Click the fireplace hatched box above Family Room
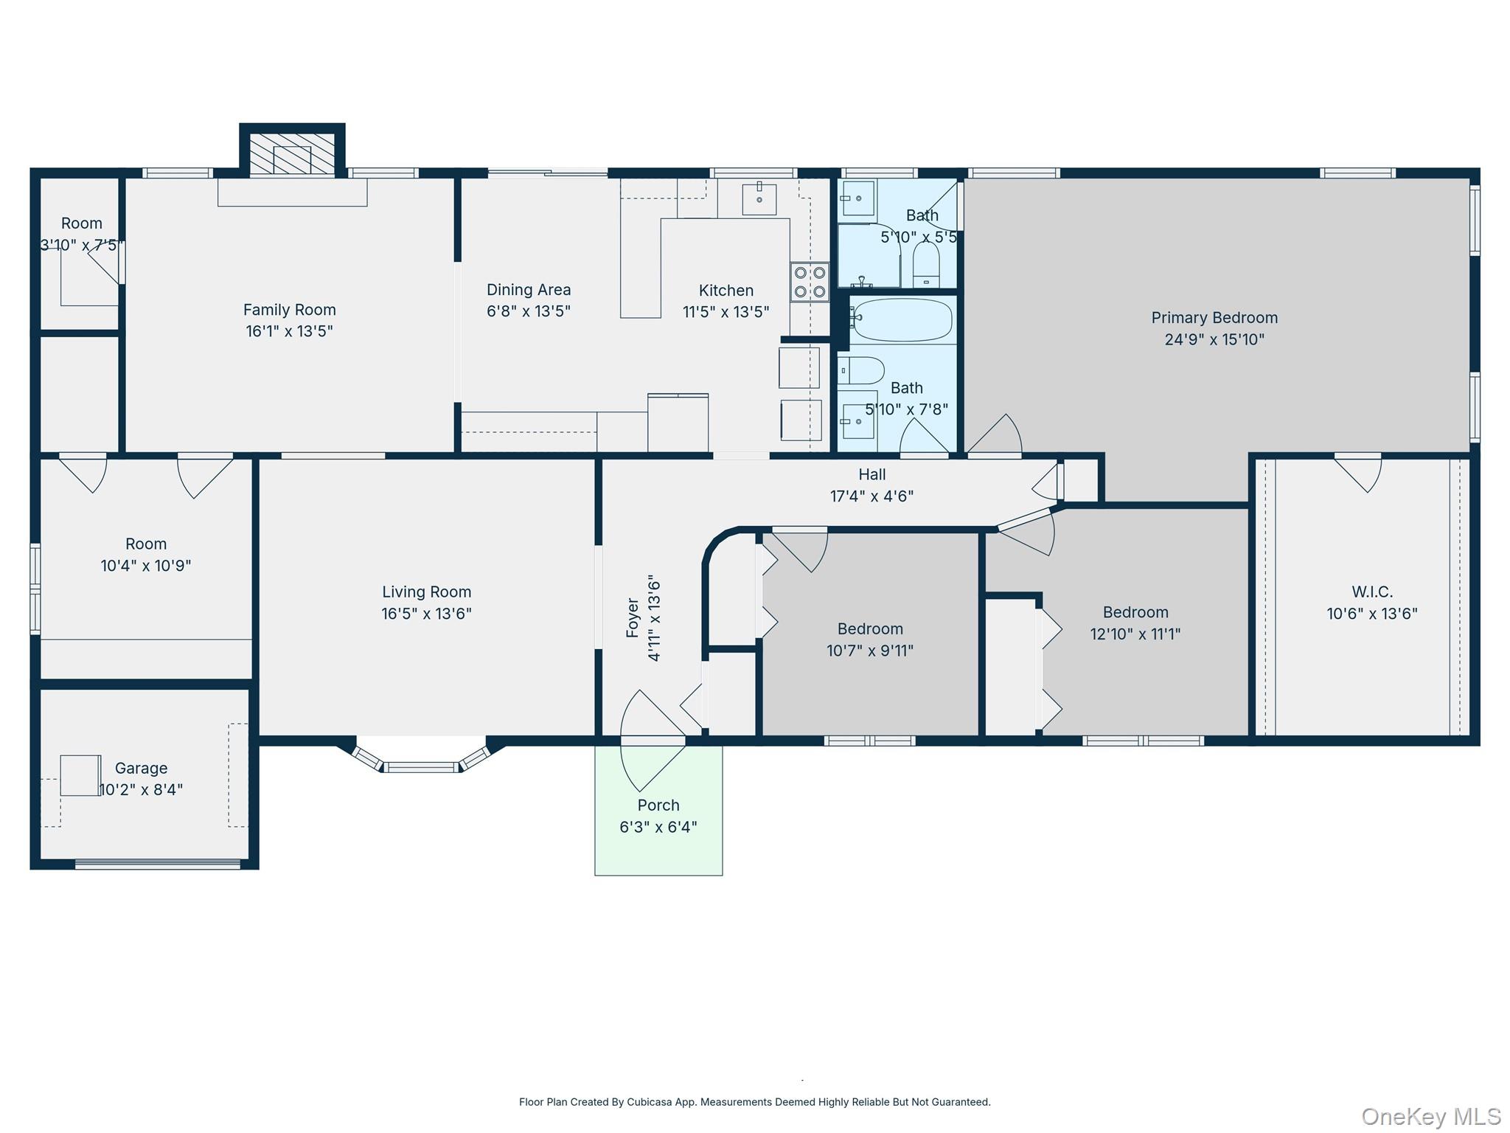[x=293, y=154]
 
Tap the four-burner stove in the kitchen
[x=810, y=282]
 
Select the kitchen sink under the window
[x=759, y=198]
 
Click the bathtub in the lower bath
[x=902, y=319]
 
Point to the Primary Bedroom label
[x=1214, y=318]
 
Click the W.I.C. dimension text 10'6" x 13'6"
[x=1372, y=614]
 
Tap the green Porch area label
[x=658, y=805]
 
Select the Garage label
[x=141, y=768]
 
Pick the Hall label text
[x=871, y=474]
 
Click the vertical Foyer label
[x=633, y=618]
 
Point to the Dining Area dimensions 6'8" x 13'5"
[x=529, y=311]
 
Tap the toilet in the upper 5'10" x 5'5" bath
[x=926, y=263]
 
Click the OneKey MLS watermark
[x=1430, y=1117]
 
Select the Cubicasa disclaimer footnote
[x=754, y=1102]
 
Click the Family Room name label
[x=289, y=310]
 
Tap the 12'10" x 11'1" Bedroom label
[x=1135, y=623]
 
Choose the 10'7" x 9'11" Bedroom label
[x=870, y=640]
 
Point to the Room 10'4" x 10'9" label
[x=146, y=555]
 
